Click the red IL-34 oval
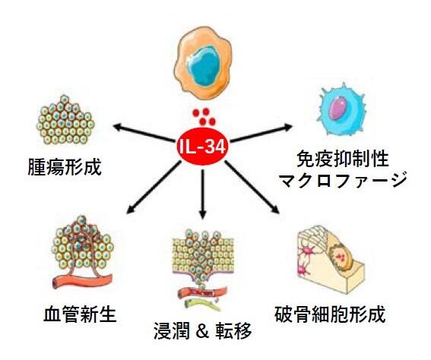click(x=202, y=147)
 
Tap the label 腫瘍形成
click(x=65, y=167)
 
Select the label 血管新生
click(x=80, y=315)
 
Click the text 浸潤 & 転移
click(x=203, y=330)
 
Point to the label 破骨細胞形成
click(x=330, y=315)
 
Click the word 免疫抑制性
click(x=343, y=159)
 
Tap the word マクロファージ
click(x=343, y=180)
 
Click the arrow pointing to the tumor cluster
click(x=144, y=134)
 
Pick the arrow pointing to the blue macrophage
click(x=261, y=134)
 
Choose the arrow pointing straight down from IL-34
click(x=203, y=194)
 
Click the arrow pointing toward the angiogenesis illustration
click(x=154, y=188)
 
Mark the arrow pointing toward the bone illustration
click(x=252, y=188)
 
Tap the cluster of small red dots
click(x=204, y=116)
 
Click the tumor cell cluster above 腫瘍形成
click(x=65, y=120)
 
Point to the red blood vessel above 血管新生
click(x=82, y=282)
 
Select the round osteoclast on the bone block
click(x=341, y=257)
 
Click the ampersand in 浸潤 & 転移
click(x=203, y=331)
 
